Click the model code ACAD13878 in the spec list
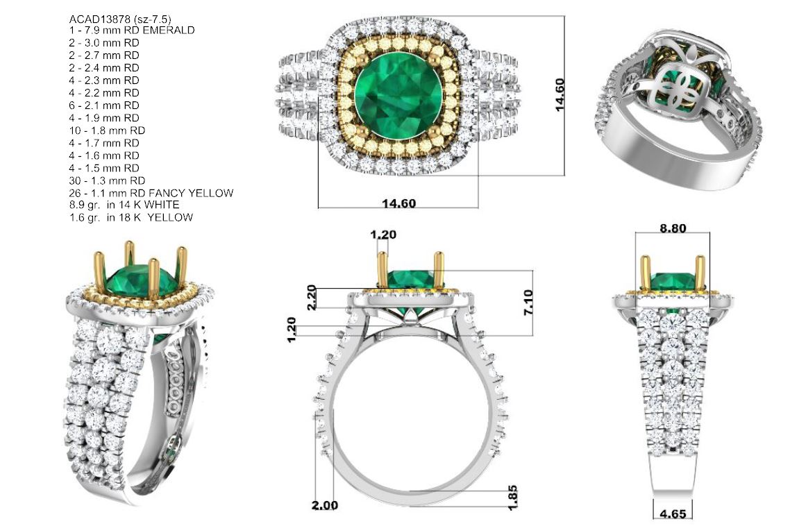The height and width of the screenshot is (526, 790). [x=99, y=19]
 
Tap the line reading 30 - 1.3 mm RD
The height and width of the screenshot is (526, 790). [x=107, y=180]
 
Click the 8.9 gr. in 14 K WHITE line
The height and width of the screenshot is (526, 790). [x=124, y=205]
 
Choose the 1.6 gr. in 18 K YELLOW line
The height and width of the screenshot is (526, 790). [x=131, y=218]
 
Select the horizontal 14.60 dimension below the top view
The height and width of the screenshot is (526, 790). [x=399, y=203]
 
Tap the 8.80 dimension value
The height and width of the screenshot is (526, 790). [x=673, y=228]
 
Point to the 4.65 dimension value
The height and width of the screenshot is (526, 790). [x=673, y=514]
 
